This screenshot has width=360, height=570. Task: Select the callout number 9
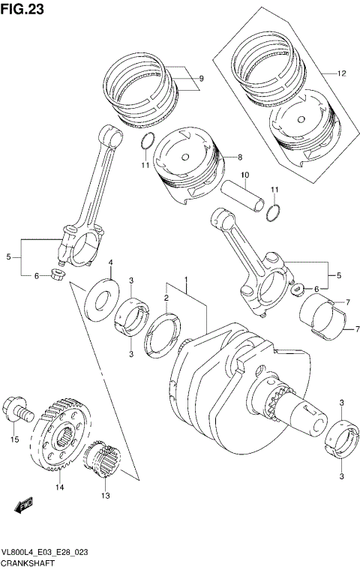(x=201, y=78)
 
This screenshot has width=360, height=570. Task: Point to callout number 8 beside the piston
(x=240, y=157)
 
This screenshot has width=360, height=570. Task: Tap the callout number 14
(x=58, y=487)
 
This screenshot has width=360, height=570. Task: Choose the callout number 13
(x=105, y=496)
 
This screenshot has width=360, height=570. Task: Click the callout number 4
(x=110, y=262)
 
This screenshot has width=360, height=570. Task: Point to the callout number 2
(x=166, y=298)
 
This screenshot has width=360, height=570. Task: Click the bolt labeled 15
(x=17, y=409)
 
